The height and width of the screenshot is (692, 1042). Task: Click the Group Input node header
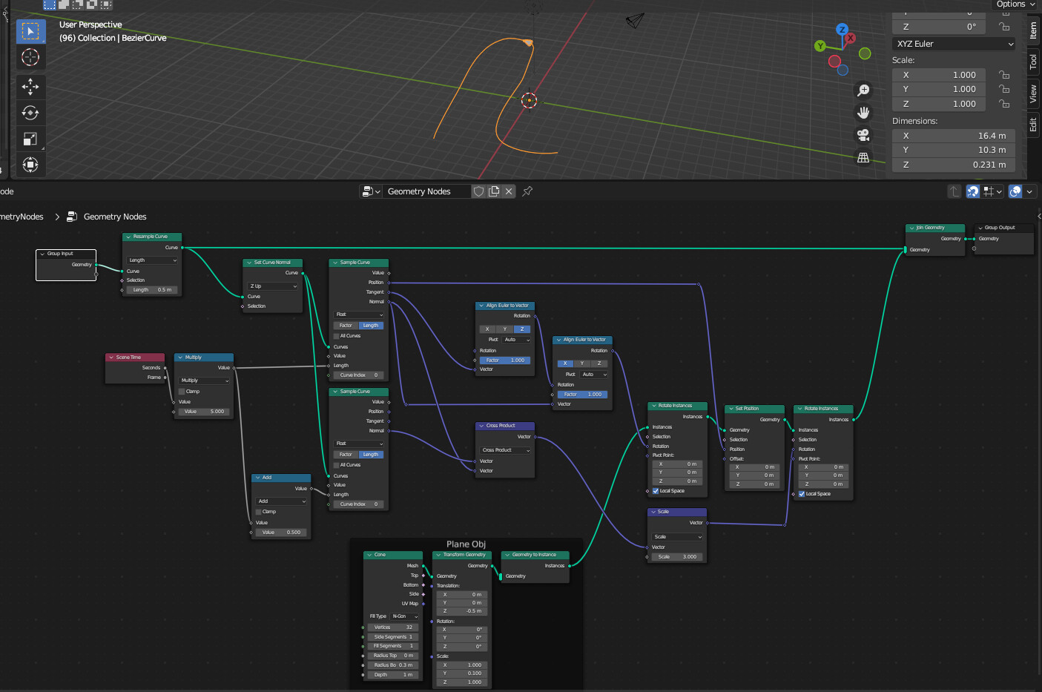[x=65, y=254]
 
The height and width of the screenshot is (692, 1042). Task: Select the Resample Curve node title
[x=151, y=237]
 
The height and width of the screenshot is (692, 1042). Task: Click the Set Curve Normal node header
[x=272, y=263]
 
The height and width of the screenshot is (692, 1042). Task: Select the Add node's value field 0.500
[x=280, y=533]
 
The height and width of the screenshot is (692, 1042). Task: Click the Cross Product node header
[x=504, y=426]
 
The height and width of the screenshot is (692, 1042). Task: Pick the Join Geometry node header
[x=934, y=228]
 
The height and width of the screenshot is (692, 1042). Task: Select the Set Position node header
[x=753, y=409]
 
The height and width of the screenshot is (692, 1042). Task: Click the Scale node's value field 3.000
[x=677, y=557]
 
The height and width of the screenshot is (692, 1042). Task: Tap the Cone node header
[x=392, y=555]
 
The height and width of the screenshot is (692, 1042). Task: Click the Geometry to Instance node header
[x=534, y=555]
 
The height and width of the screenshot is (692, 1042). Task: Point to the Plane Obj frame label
[x=466, y=544]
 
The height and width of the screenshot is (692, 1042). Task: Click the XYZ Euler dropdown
[x=954, y=44]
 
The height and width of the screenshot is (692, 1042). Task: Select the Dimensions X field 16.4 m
[x=954, y=136]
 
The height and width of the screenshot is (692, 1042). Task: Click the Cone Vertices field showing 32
[x=393, y=627]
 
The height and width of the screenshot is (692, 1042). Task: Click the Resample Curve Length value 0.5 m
[x=151, y=290]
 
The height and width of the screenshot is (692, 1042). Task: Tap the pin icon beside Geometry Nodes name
[x=527, y=191]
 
